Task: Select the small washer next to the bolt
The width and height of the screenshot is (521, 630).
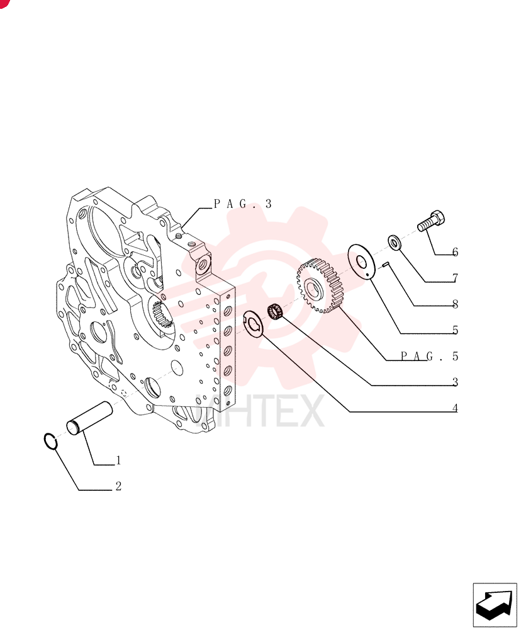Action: (x=395, y=243)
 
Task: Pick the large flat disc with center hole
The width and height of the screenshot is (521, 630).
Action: (x=361, y=261)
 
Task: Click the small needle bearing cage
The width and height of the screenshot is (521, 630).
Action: (x=275, y=311)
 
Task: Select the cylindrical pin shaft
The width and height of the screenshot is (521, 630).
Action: (x=89, y=419)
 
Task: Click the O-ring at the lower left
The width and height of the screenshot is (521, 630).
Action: (x=50, y=442)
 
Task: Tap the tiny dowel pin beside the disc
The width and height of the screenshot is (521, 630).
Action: (x=385, y=264)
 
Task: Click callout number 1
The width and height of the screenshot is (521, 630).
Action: (x=118, y=461)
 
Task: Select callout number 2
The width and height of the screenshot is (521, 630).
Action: (x=118, y=486)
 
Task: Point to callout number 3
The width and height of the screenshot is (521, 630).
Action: (x=455, y=382)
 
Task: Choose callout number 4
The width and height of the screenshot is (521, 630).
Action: (x=455, y=408)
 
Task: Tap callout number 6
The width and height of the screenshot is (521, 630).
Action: (x=455, y=253)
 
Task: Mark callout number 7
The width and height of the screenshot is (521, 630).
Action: (x=455, y=278)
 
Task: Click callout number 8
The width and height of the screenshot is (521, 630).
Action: (x=455, y=304)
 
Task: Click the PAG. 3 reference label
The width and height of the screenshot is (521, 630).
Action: (x=243, y=204)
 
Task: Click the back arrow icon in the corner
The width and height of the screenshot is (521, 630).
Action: (x=495, y=605)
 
